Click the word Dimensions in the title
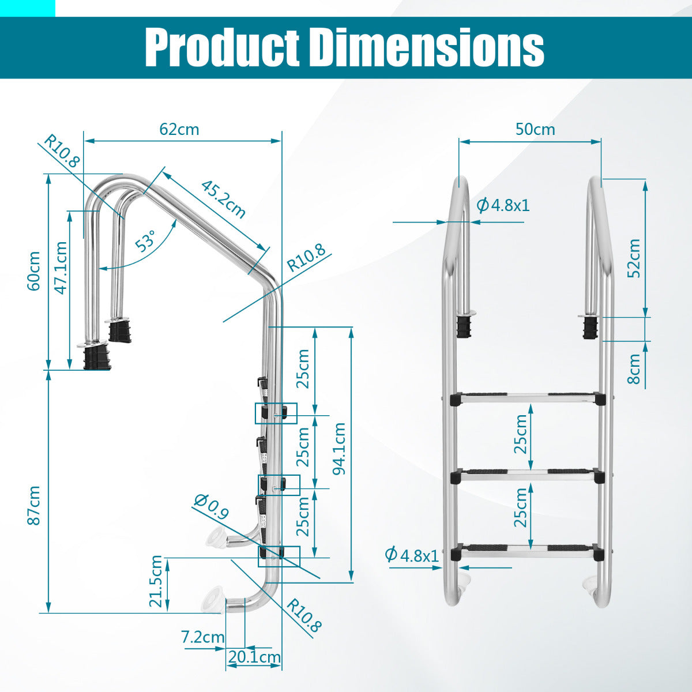coord(427,47)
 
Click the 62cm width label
coord(179,129)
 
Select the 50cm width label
coord(535,129)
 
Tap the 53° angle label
coord(146,241)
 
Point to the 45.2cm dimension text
coord(223,200)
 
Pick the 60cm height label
coord(34,270)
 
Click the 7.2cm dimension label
coord(202,637)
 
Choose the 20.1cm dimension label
coord(254,657)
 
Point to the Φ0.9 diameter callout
coord(211,507)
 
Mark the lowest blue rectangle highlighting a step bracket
coord(279,555)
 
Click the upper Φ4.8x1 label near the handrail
coord(503,205)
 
